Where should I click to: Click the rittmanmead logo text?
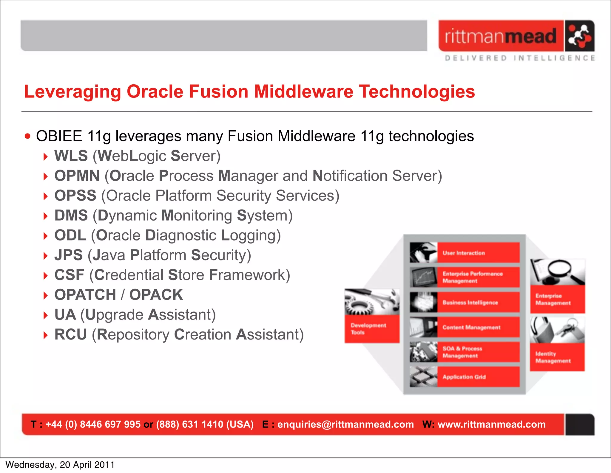point(501,36)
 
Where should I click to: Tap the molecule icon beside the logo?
point(579,36)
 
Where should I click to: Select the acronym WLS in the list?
point(71,156)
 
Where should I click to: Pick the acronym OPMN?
point(77,176)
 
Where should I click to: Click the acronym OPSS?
point(75,196)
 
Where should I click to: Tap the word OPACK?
point(156,295)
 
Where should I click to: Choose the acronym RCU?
point(70,334)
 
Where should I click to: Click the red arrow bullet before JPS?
point(45,256)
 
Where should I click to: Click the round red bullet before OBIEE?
point(28,137)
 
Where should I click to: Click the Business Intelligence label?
point(470,303)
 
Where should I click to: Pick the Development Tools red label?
point(371,329)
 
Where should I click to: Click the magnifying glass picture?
point(557,272)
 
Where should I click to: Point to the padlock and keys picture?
point(557,330)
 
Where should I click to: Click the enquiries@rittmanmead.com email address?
point(345,424)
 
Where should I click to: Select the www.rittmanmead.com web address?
point(491,424)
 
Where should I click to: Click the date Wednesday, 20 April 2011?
point(60,465)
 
